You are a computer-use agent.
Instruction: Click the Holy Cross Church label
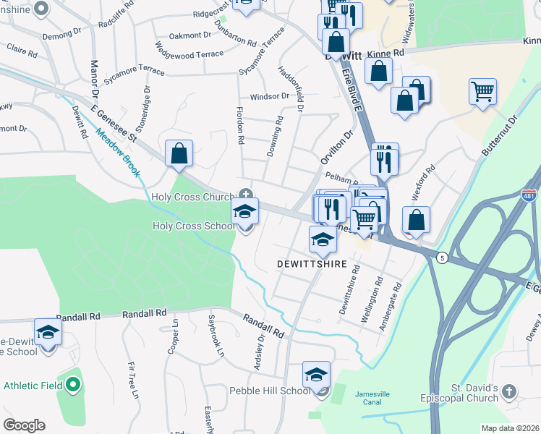click(x=192, y=196)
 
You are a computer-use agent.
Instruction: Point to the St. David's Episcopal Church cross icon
click(x=509, y=392)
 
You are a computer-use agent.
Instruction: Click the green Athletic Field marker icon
click(x=72, y=385)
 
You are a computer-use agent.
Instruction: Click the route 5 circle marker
click(x=441, y=257)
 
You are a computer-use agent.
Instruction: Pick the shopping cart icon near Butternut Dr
click(x=482, y=91)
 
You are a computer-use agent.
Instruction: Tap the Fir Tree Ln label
click(x=133, y=380)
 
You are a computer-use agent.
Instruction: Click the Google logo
click(x=24, y=425)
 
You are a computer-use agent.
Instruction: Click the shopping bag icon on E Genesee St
click(x=179, y=153)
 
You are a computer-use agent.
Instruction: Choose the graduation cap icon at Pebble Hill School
click(x=316, y=375)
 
